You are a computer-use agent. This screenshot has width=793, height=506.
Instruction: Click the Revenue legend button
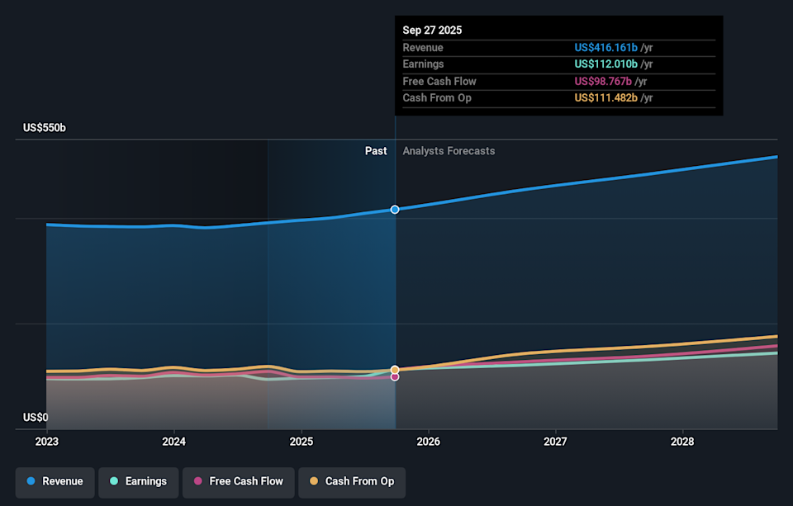[x=55, y=481]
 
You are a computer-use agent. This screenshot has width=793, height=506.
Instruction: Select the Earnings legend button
[x=138, y=481]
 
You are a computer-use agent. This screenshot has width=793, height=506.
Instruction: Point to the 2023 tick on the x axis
[x=47, y=442]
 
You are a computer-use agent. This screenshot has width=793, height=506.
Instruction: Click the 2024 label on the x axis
[x=173, y=442]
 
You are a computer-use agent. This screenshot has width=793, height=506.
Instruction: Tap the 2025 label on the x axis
[x=302, y=442]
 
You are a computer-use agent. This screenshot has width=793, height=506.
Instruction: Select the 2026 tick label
[x=429, y=442]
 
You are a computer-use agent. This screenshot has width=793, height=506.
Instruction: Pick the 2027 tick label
[x=556, y=442]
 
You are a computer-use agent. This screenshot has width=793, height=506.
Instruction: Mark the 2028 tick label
[x=682, y=442]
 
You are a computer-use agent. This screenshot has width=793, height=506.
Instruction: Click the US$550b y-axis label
[x=45, y=128]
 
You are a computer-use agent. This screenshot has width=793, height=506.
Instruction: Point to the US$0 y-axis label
[x=36, y=418]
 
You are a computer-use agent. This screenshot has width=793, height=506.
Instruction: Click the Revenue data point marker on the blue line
[x=395, y=210]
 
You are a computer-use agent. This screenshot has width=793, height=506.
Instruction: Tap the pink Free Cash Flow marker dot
[x=395, y=376]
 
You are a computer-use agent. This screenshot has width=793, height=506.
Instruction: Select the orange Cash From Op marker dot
[x=395, y=369]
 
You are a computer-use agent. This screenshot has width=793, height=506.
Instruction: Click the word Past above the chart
[x=376, y=151]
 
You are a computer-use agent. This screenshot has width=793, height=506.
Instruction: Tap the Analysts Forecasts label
[x=449, y=151]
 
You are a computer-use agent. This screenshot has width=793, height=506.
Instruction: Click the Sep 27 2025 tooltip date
[x=432, y=30]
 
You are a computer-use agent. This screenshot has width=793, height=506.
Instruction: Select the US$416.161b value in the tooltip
[x=606, y=48]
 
